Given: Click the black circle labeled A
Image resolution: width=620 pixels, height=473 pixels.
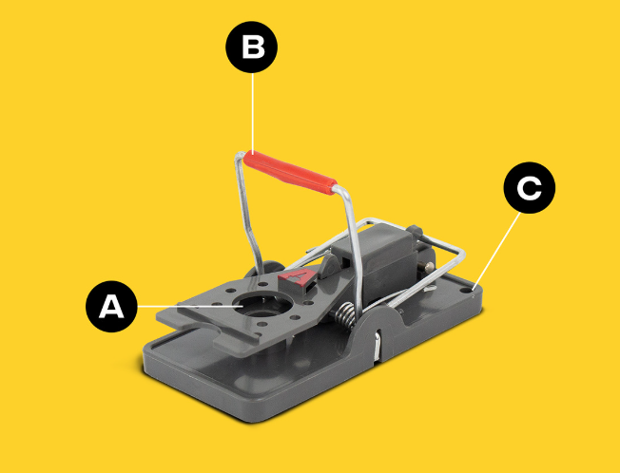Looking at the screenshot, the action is [111, 307].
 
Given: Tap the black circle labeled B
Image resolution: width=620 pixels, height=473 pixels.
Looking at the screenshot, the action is [251, 47].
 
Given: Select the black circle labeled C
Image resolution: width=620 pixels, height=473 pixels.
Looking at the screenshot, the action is [530, 187].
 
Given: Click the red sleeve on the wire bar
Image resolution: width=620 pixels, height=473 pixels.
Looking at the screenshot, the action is [290, 173].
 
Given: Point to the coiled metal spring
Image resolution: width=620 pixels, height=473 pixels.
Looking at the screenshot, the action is [346, 314].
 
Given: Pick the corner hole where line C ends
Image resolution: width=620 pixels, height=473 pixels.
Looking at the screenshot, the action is [474, 291].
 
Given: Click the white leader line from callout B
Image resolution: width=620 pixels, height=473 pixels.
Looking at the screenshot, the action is [253, 112].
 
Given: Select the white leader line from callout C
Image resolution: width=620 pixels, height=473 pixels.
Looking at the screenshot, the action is [498, 249].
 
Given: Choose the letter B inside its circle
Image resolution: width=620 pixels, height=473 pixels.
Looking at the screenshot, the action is [252, 47].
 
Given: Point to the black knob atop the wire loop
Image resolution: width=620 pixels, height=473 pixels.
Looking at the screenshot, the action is [415, 230].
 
